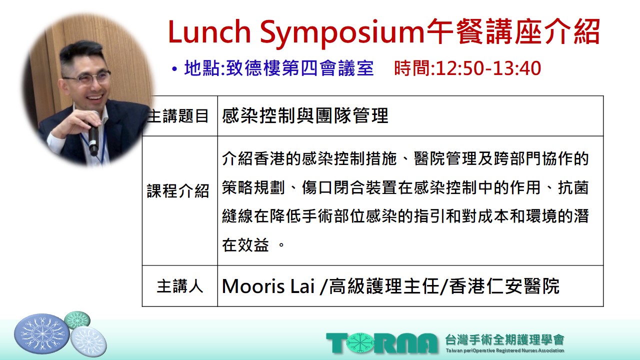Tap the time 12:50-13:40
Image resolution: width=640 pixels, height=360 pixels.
point(488,68)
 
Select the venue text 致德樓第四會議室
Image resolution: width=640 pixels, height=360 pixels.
point(299,68)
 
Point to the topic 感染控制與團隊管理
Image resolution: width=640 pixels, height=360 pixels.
point(305,115)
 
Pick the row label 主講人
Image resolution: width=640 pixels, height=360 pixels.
point(180,286)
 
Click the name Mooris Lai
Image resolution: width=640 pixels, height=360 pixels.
point(268,286)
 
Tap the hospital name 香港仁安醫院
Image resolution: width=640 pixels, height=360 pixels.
point(504,286)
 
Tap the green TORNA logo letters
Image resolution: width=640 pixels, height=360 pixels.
point(382,343)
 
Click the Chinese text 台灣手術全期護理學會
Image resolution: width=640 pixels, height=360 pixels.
point(504,339)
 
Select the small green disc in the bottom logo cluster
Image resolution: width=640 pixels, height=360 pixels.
point(77,319)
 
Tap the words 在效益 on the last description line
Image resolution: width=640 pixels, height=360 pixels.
point(245,245)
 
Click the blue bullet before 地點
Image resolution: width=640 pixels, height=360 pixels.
point(174,69)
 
